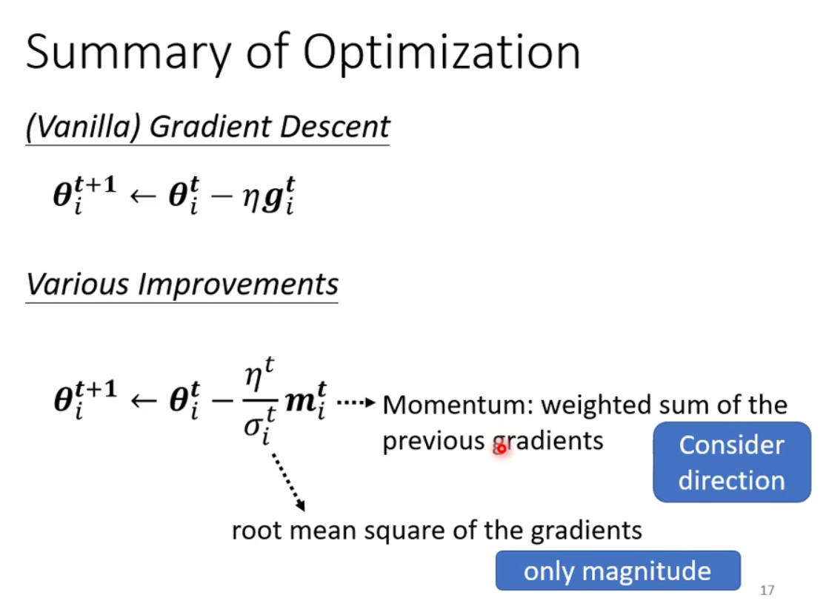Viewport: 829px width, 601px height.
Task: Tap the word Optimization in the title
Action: [442, 53]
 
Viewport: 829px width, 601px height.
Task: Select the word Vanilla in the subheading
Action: [89, 127]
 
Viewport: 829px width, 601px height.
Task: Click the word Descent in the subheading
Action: [335, 127]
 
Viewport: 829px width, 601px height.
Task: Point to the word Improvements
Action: [238, 285]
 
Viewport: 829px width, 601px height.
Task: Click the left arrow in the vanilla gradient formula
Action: [143, 196]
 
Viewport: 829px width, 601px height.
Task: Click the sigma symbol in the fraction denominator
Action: [253, 426]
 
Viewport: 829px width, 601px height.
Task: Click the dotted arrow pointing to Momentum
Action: [356, 403]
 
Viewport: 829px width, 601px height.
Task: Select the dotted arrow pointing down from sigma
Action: [289, 482]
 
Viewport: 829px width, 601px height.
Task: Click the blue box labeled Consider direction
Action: [732, 462]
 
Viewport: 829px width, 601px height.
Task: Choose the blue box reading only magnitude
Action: [618, 571]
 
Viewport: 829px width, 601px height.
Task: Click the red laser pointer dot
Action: [501, 449]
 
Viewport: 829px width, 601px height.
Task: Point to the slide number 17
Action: [768, 590]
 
